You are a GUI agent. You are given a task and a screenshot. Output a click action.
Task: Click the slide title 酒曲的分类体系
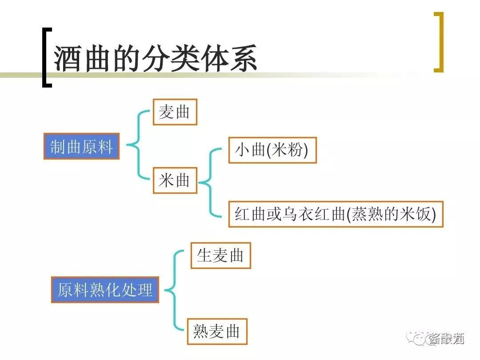pyautogui.click(x=156, y=58)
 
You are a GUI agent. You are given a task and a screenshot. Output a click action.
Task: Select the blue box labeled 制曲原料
pyautogui.click(x=81, y=146)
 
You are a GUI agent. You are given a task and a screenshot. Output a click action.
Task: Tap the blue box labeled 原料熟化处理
pyautogui.click(x=105, y=290)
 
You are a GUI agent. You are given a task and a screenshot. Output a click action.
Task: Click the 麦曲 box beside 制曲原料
pyautogui.click(x=175, y=112)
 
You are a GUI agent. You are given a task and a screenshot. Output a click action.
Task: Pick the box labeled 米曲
pyautogui.click(x=175, y=180)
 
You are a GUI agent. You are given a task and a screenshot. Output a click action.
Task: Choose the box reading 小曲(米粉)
pyautogui.click(x=272, y=150)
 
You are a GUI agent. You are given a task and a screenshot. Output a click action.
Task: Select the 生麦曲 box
pyautogui.click(x=220, y=256)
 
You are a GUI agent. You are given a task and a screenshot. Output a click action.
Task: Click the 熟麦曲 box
pyautogui.click(x=217, y=331)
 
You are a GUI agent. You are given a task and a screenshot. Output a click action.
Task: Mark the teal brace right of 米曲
pyautogui.click(x=210, y=182)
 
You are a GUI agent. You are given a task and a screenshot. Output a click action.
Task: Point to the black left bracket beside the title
pyautogui.click(x=46, y=57)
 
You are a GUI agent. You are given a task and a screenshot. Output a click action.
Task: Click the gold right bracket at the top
pyautogui.click(x=439, y=42)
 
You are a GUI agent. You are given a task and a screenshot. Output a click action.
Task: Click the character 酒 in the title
pyautogui.click(x=68, y=58)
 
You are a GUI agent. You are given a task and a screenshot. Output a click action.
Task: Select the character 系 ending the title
pyautogui.click(x=243, y=58)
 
